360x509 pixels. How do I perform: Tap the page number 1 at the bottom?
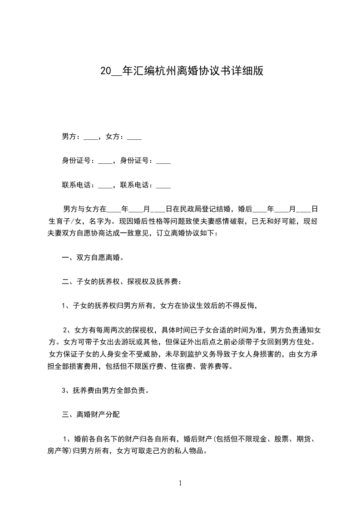point(180,484)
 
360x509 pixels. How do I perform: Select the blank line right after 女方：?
point(134,137)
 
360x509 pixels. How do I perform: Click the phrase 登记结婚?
point(221,209)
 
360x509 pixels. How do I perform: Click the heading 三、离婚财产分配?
point(91,414)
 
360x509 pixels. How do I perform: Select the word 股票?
point(281,439)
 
